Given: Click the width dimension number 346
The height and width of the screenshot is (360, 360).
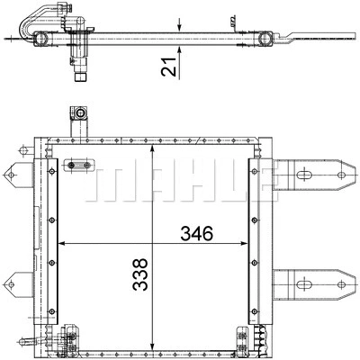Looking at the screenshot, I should pyautogui.click(x=196, y=233).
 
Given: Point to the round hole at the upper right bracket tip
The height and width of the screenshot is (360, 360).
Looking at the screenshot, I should pyautogui.click(x=344, y=175).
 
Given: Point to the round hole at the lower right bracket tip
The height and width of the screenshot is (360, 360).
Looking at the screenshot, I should pyautogui.click(x=344, y=285).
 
